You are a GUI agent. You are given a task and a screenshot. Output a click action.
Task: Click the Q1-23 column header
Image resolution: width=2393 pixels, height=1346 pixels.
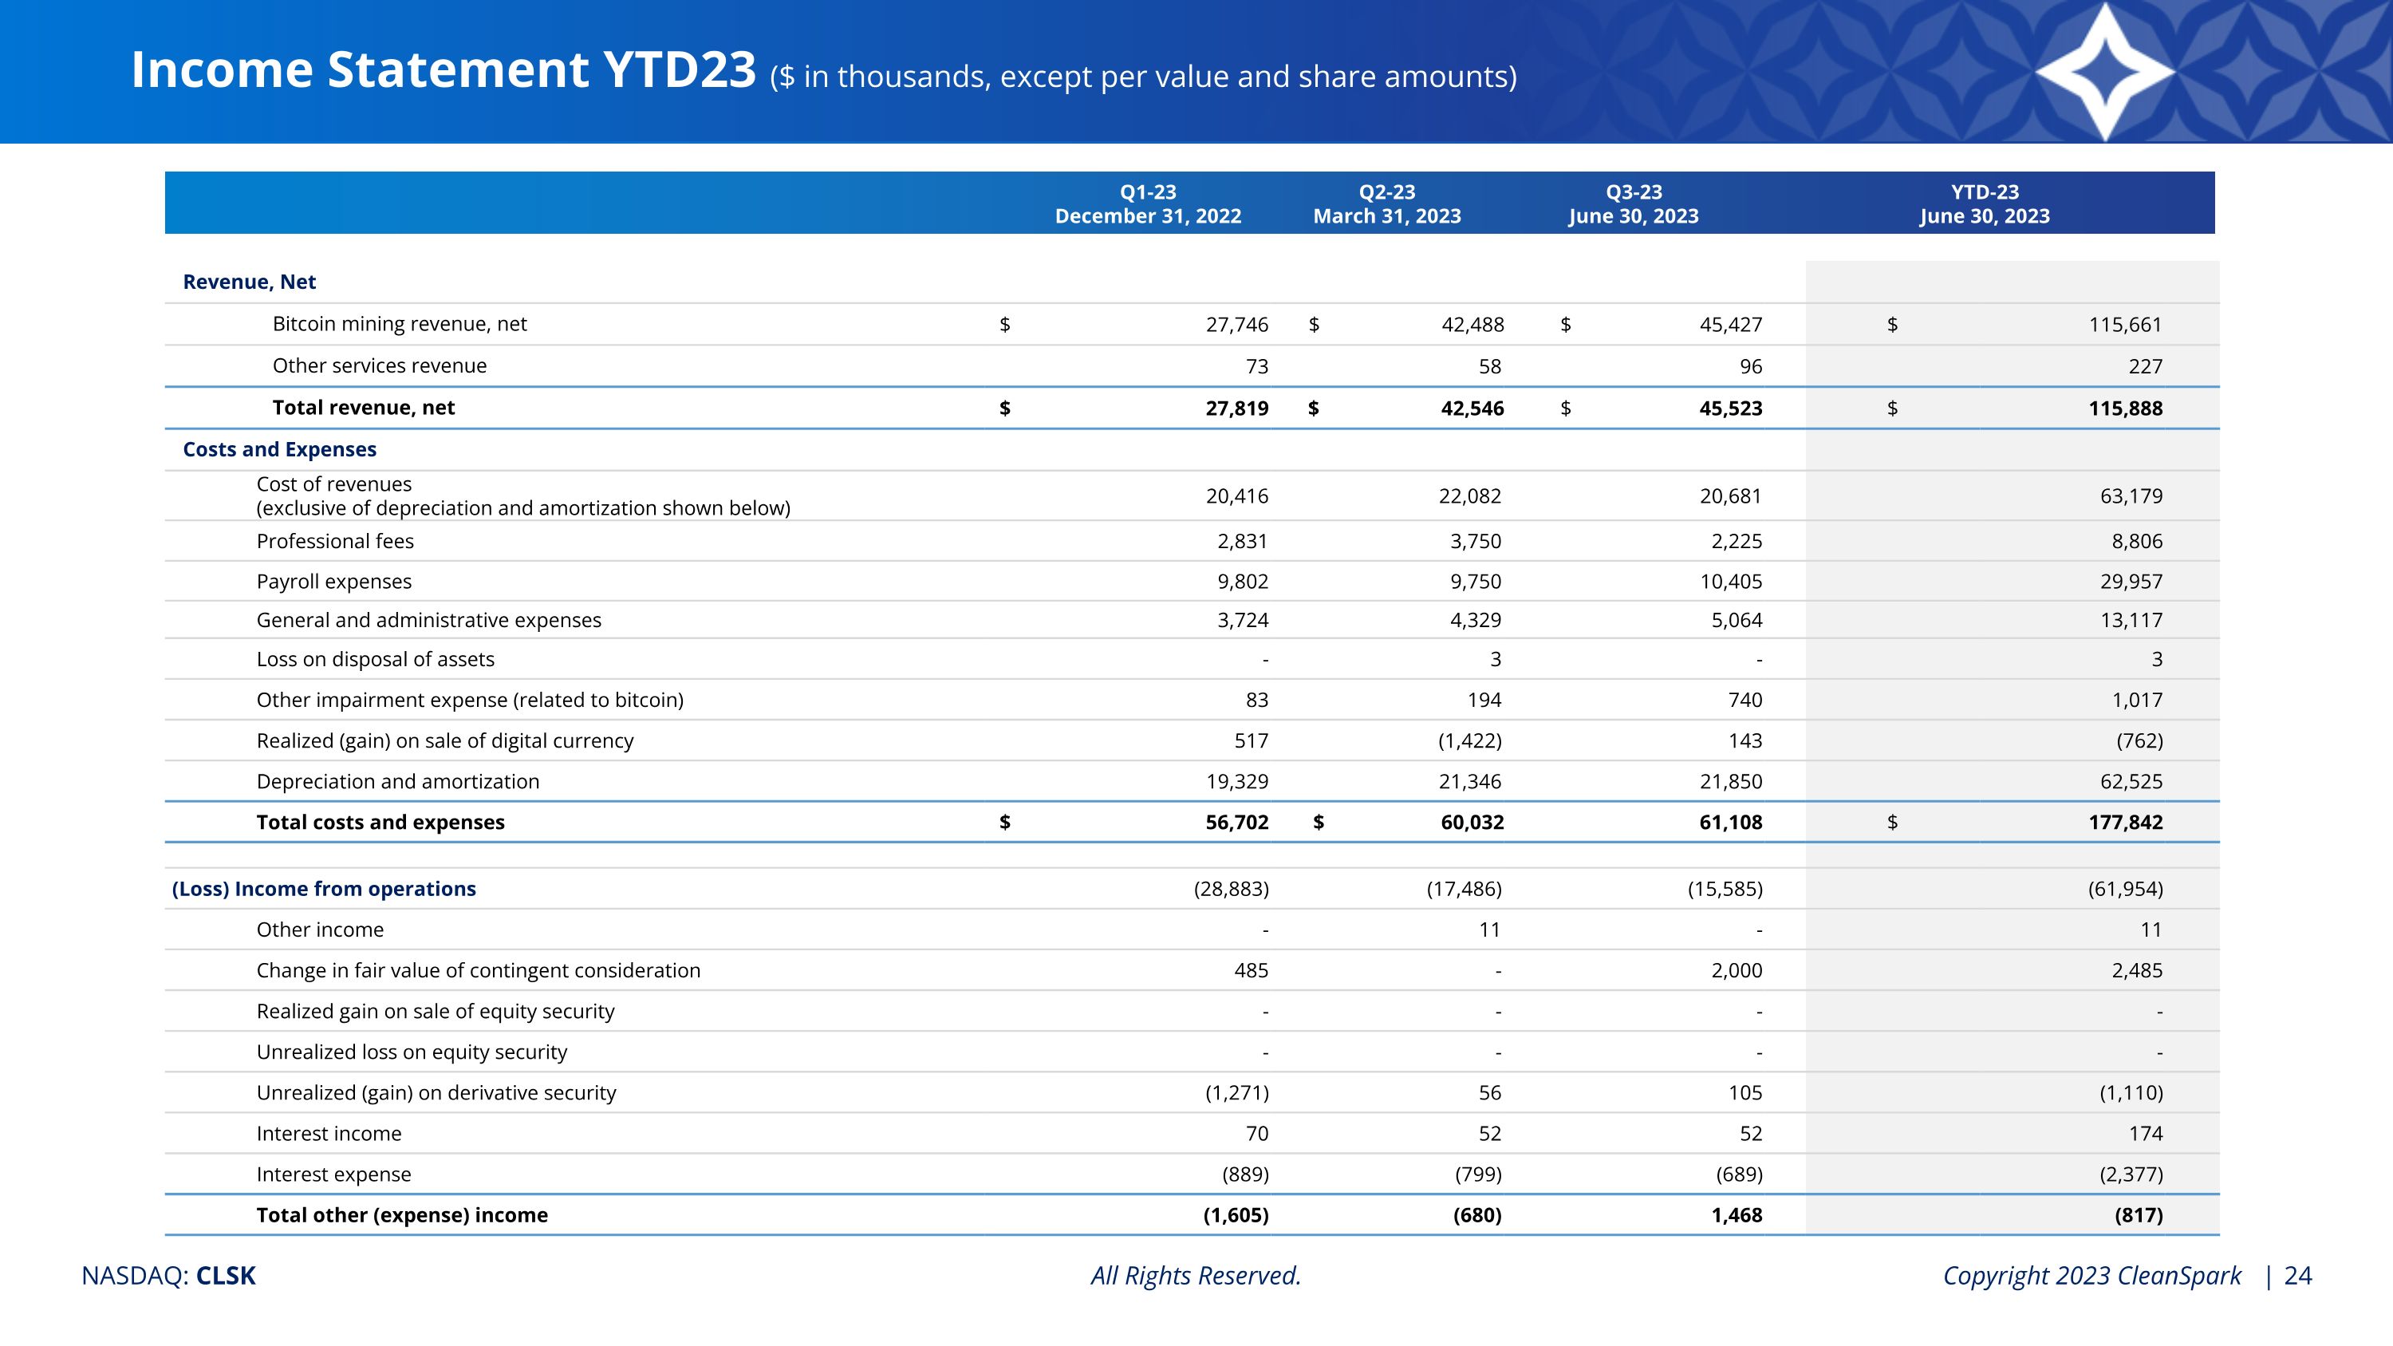tap(1148, 203)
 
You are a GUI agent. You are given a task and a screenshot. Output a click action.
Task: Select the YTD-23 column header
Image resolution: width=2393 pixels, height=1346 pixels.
tap(1985, 203)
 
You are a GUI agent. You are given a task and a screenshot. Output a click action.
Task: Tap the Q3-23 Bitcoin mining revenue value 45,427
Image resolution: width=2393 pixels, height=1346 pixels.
tap(1731, 324)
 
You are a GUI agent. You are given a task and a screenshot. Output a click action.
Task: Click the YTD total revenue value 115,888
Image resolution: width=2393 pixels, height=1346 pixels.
tap(2126, 408)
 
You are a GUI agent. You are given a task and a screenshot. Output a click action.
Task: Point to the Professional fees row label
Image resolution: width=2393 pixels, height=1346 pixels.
tap(335, 541)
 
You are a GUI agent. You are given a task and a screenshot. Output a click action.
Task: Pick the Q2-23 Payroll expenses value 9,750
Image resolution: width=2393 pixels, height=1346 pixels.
tap(1476, 582)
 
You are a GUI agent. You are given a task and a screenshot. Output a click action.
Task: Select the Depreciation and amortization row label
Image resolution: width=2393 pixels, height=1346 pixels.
tap(397, 781)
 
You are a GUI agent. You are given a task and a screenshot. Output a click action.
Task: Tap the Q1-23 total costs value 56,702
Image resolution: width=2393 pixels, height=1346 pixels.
tap(1237, 822)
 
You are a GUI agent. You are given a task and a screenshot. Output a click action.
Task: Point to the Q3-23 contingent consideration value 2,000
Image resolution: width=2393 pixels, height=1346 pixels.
tap(1737, 971)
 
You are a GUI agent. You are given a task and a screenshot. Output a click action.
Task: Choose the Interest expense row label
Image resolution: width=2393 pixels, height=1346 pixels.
tap(333, 1174)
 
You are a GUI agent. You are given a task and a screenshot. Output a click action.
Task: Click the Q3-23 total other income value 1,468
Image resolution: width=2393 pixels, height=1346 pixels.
tap(1737, 1215)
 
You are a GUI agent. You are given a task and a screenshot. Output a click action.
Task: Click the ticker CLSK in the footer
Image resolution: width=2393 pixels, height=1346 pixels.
tap(226, 1276)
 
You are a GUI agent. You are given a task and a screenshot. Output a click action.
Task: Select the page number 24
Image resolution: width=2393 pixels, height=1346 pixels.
tap(2298, 1276)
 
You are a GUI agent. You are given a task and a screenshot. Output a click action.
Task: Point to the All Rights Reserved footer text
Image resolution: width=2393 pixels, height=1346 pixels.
tap(1196, 1276)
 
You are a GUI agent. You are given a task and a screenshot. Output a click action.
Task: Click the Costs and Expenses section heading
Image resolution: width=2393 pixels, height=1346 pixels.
tap(280, 449)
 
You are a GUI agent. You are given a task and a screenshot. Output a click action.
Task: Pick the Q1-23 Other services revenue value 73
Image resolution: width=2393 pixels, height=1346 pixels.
tap(1257, 366)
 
